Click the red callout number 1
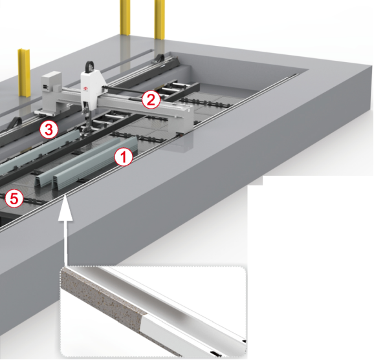point(124,157)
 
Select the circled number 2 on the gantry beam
point(151,100)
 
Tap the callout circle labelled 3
point(49,130)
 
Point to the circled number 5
point(14,198)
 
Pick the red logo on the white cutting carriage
point(86,89)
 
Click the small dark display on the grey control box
point(45,87)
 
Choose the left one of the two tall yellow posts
point(125,18)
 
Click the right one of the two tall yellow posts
point(160,19)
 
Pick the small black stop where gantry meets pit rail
point(179,134)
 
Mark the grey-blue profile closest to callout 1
point(95,164)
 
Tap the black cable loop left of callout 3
point(15,123)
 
